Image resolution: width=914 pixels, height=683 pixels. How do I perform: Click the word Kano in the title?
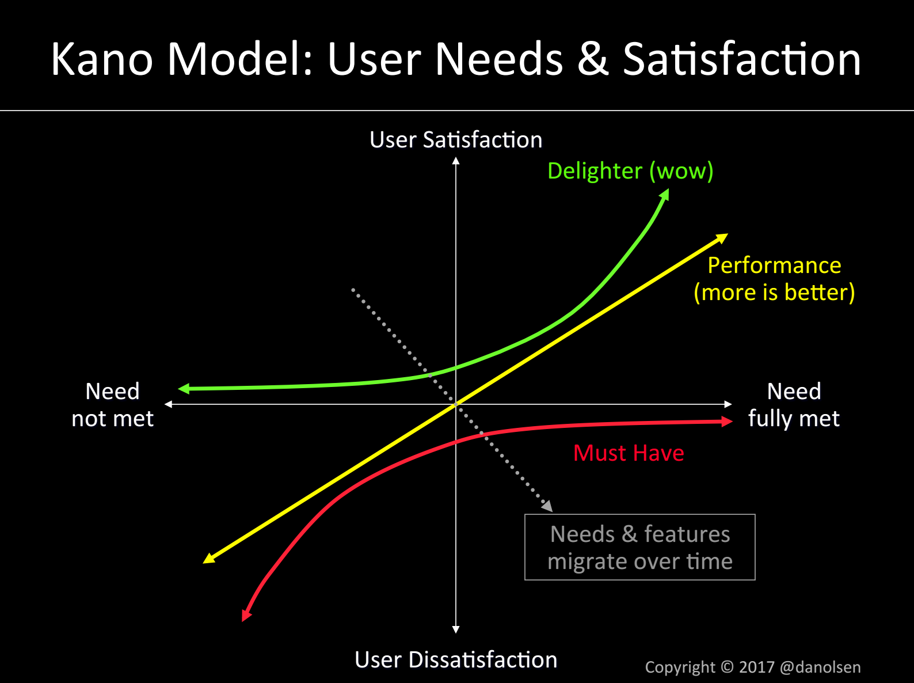coord(102,59)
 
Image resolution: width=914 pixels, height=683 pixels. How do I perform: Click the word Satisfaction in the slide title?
coord(742,59)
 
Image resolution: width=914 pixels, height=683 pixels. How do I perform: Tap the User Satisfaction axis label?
coord(456,139)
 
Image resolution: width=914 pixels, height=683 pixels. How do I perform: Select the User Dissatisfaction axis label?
coord(456,660)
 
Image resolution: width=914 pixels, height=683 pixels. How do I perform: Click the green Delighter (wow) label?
coord(630,171)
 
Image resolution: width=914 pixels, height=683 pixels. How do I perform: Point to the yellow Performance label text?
coord(775,279)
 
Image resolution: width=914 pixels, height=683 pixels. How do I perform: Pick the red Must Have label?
coord(629,453)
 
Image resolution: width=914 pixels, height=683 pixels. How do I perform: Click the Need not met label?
coord(112,405)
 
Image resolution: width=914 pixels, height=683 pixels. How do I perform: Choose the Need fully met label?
coord(794,405)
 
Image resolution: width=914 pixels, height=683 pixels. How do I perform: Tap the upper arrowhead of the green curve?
coord(665,194)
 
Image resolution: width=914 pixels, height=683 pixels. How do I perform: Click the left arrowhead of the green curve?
coord(184,389)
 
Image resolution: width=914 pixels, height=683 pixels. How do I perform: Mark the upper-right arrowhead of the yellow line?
coord(722,238)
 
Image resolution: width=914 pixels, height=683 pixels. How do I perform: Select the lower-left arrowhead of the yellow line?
coord(208,559)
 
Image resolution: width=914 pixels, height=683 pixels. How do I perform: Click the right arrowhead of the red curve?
coord(726,422)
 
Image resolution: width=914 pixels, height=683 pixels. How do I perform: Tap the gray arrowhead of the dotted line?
coord(547,506)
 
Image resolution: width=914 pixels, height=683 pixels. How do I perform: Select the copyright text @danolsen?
coord(820,667)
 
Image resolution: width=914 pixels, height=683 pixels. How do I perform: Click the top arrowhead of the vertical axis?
coord(456,161)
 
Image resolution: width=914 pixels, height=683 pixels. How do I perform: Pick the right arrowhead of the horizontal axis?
coord(728,404)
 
